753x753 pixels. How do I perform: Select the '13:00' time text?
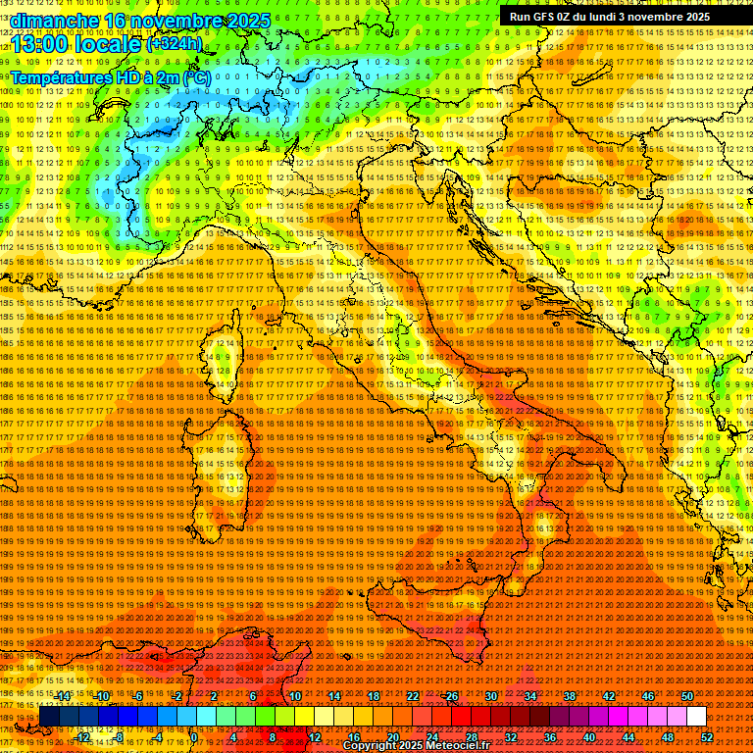pyautogui.click(x=43, y=43)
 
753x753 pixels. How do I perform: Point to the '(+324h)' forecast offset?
pyautogui.click(x=174, y=43)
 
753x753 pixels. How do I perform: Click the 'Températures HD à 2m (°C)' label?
pyautogui.click(x=111, y=75)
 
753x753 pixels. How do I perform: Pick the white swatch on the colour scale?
pyautogui.click(x=696, y=716)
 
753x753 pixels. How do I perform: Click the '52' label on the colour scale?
pyautogui.click(x=707, y=736)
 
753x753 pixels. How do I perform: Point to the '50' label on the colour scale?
pyautogui.click(x=687, y=695)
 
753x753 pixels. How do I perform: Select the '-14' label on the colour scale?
pyautogui.click(x=64, y=695)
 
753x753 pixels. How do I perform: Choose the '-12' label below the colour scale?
pyautogui.click(x=83, y=736)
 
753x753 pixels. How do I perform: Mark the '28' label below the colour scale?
pyautogui.click(x=472, y=736)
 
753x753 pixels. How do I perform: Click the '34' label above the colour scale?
pyautogui.click(x=530, y=695)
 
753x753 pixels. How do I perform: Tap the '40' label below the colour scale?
pyautogui.click(x=589, y=736)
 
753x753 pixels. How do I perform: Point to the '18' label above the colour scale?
pyautogui.click(x=374, y=695)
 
